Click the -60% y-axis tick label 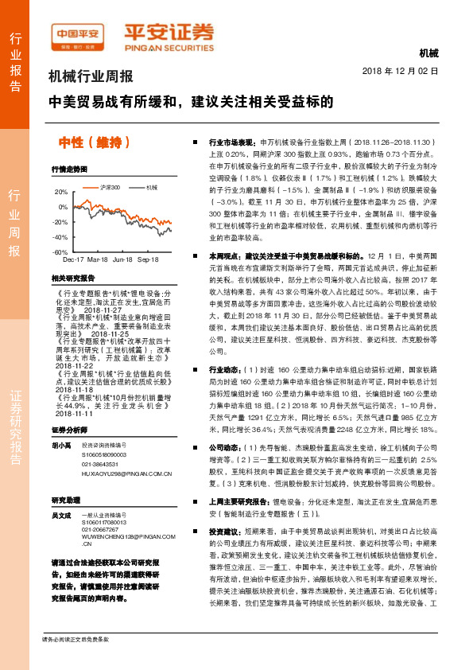point(60,251)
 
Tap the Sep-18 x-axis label point(149,259)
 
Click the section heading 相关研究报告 point(72,279)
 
